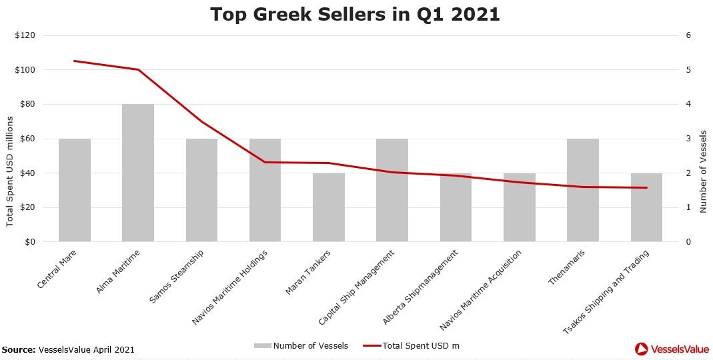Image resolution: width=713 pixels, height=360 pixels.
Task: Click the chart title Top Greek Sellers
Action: [355, 14]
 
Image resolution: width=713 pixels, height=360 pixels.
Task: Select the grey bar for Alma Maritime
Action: [138, 173]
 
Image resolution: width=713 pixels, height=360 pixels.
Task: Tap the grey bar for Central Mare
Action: [75, 190]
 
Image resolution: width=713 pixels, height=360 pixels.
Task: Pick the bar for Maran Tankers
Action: [329, 207]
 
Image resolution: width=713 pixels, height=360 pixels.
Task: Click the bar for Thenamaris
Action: [583, 190]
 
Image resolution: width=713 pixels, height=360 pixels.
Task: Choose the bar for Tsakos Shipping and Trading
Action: [646, 207]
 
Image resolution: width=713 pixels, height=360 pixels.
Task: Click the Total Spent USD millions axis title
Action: [9, 171]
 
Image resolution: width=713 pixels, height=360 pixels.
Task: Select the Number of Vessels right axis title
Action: [702, 172]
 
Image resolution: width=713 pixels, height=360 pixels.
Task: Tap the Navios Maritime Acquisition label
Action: [482, 289]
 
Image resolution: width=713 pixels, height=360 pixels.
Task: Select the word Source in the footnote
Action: [18, 349]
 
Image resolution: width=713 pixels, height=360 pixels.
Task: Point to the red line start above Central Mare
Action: [75, 61]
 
